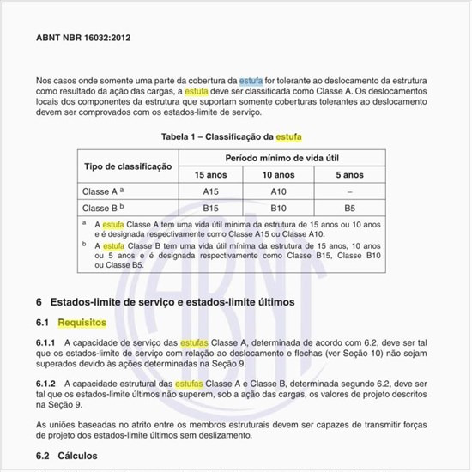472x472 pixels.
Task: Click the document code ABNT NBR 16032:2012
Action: point(84,39)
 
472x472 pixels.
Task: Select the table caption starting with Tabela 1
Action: point(232,136)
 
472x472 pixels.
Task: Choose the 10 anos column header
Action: point(280,174)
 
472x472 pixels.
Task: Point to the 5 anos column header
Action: point(349,174)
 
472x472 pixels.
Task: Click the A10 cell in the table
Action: point(280,191)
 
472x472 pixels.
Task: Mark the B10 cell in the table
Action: point(280,208)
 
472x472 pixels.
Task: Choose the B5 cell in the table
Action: point(349,208)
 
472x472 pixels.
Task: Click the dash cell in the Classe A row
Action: point(349,191)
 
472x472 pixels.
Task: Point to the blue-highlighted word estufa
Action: point(251,79)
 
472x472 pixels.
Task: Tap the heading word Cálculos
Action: point(80,457)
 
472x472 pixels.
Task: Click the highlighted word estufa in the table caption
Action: point(287,136)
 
